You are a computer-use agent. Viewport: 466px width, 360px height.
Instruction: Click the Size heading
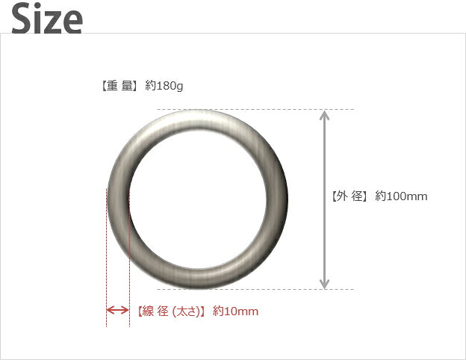click(47, 19)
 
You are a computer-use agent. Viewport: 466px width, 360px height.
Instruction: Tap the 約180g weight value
click(164, 86)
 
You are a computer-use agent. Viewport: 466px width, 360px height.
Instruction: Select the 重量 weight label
click(119, 86)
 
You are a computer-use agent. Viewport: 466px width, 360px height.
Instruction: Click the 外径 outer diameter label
click(349, 196)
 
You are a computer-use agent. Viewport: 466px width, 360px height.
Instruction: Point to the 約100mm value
click(401, 196)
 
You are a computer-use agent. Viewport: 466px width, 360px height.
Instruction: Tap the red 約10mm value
click(236, 311)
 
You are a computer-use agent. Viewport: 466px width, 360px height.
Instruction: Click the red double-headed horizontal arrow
click(118, 311)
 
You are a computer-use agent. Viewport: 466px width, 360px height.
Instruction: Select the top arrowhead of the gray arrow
click(325, 115)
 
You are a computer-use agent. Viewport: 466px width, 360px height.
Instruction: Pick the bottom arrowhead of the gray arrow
click(325, 284)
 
